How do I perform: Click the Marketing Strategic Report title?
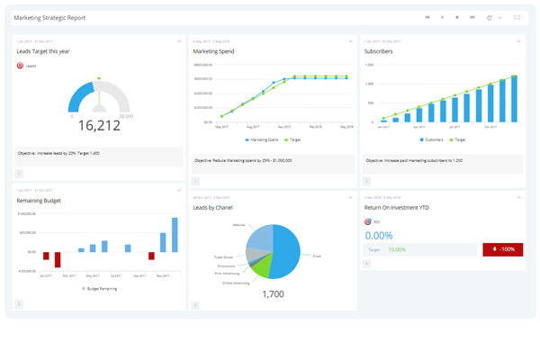[49, 17]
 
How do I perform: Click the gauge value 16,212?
[98, 125]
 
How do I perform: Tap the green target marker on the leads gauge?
[99, 79]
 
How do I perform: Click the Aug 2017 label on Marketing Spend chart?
[252, 127]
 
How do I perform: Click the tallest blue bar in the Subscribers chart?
[515, 99]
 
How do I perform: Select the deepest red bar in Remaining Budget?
[58, 259]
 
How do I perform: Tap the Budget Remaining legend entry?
[99, 288]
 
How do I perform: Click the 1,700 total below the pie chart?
[273, 293]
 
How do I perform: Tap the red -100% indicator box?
[502, 249]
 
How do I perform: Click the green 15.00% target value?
[397, 249]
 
